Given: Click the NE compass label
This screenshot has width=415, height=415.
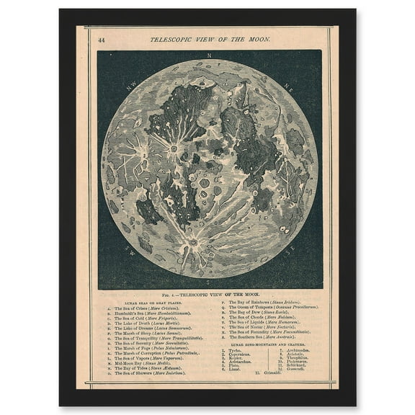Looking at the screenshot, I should coord(287,84).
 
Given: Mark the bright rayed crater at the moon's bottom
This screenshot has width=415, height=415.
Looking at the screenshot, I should coord(192,243).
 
